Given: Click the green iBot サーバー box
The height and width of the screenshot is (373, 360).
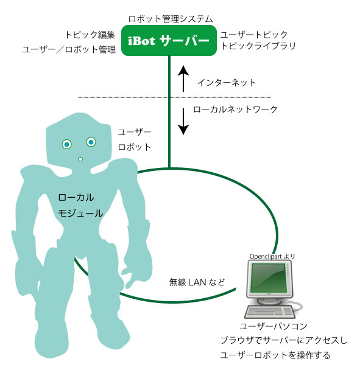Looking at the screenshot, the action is tap(169, 40).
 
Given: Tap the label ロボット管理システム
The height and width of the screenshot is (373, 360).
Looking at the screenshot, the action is tap(171, 19).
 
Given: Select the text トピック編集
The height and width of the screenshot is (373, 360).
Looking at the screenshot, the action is tap(90, 35).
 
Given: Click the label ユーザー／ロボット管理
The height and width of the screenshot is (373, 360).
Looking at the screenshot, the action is tap(69, 49).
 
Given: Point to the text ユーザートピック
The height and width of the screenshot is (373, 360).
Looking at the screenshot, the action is tap(254, 35).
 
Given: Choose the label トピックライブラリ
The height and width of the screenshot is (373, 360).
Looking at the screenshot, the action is tap(258, 46).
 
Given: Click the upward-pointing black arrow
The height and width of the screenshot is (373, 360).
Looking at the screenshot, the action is tap(183, 78).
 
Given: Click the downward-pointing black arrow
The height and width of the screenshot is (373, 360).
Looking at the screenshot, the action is tap(183, 122).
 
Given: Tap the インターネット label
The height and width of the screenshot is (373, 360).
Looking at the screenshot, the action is tap(227, 83).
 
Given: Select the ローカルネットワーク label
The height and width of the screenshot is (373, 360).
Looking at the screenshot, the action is tap(236, 110).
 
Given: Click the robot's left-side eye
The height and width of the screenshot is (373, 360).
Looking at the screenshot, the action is tap(66, 144).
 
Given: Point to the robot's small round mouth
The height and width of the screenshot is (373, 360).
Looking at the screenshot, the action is tap(80, 159).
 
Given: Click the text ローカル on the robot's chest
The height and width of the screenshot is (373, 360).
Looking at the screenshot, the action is tap(76, 197).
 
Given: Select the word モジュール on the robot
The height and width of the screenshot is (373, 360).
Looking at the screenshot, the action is tap(80, 213).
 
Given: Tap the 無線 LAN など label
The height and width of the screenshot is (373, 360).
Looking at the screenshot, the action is tap(197, 282).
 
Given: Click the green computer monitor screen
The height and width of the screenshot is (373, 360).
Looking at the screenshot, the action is tap(269, 278).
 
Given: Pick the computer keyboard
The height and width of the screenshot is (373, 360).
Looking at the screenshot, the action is tap(269, 312).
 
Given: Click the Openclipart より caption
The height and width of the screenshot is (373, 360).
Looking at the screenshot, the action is tap(272, 256).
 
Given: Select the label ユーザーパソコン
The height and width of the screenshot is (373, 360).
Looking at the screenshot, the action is tap(274, 326).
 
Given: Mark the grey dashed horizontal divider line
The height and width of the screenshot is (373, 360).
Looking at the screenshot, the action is tap(175, 97).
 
